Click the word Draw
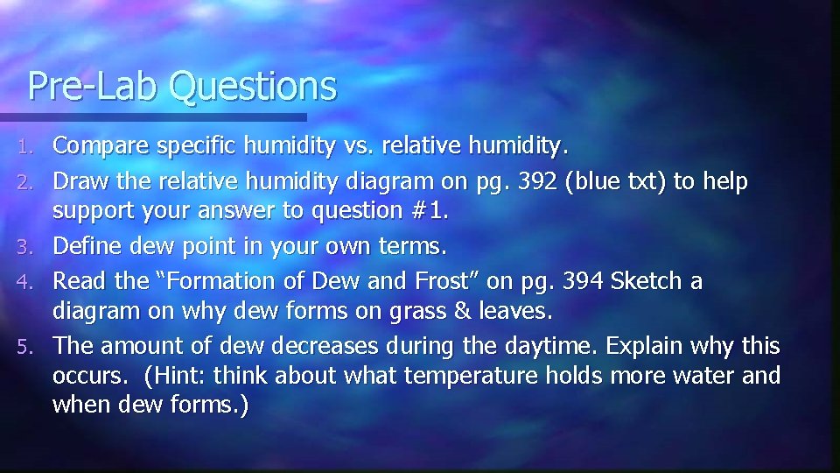pos(80,183)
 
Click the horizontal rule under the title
pos(154,116)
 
